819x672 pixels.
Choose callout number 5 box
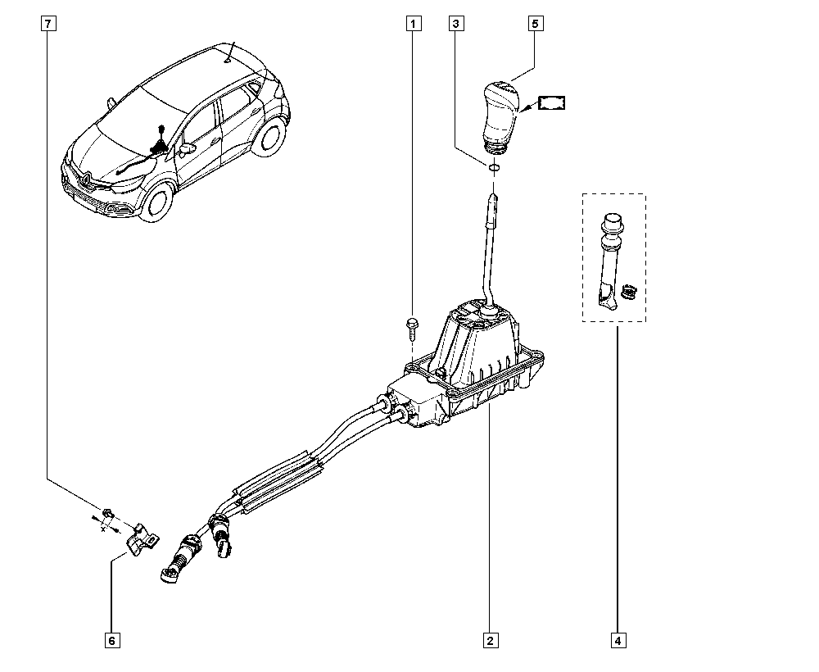(534, 25)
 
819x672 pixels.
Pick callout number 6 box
(111, 640)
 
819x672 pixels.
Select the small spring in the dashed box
(629, 289)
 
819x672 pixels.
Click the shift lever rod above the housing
(490, 254)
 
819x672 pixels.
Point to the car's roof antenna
(230, 51)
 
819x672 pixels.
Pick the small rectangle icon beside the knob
(553, 103)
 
